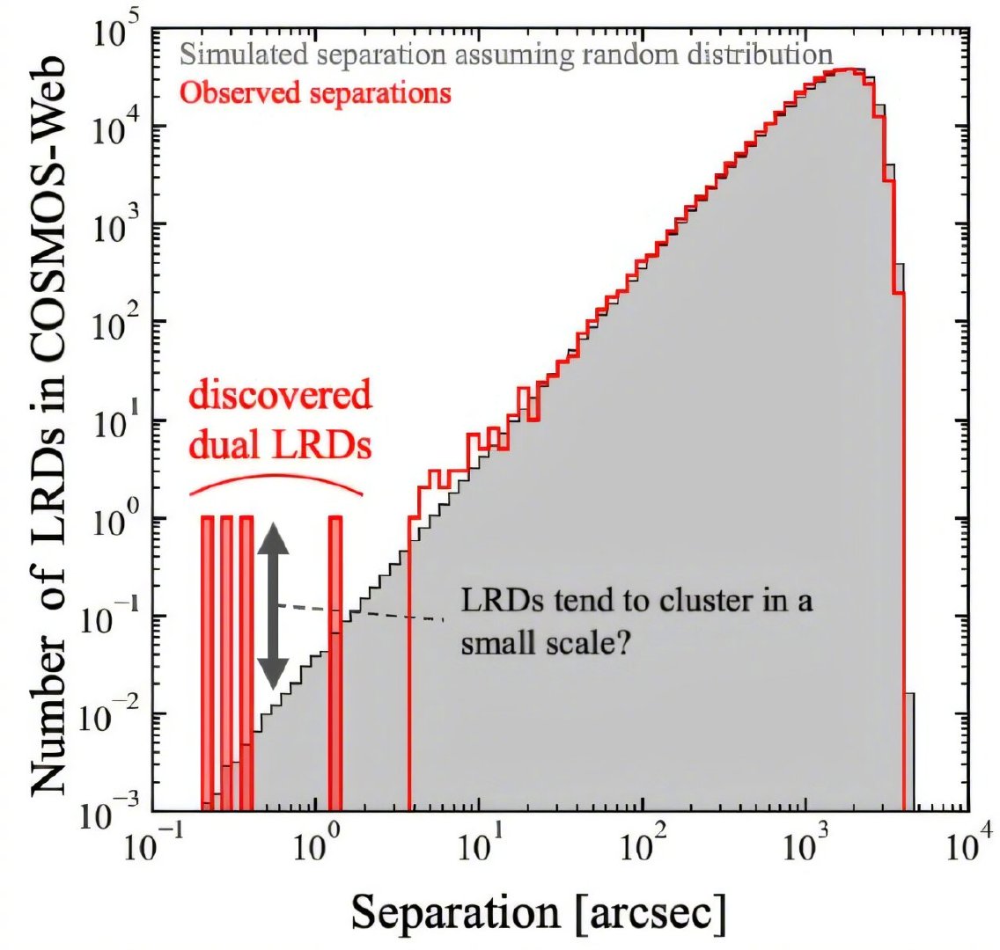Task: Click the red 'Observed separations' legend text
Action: tap(315, 93)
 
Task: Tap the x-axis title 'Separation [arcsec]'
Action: tap(539, 913)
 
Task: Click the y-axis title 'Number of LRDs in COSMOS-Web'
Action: tap(49, 424)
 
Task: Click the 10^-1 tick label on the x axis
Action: tap(151, 844)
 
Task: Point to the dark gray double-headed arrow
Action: tap(273, 605)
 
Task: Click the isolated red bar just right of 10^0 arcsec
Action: tap(335, 663)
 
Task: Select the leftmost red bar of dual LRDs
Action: tap(207, 663)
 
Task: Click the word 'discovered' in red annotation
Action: tap(279, 395)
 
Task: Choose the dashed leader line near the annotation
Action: tap(361, 611)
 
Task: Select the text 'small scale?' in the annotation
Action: tap(546, 643)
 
